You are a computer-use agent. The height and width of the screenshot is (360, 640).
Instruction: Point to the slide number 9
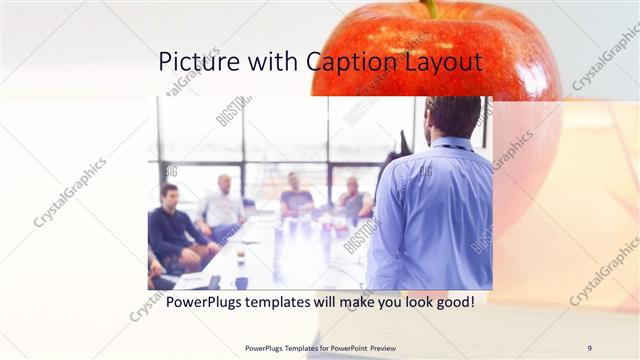tap(589, 347)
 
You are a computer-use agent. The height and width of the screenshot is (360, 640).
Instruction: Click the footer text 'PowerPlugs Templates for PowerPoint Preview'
tap(320, 347)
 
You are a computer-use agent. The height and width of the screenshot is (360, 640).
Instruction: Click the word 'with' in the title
tap(272, 62)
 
